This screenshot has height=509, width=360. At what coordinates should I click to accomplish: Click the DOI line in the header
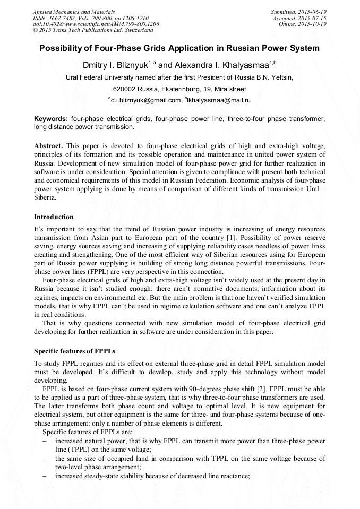(96, 24)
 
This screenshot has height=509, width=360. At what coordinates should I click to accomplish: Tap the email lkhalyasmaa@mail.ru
(219, 100)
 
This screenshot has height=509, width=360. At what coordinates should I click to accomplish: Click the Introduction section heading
(54, 217)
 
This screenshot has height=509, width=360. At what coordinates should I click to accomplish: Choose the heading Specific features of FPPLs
(74, 351)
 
